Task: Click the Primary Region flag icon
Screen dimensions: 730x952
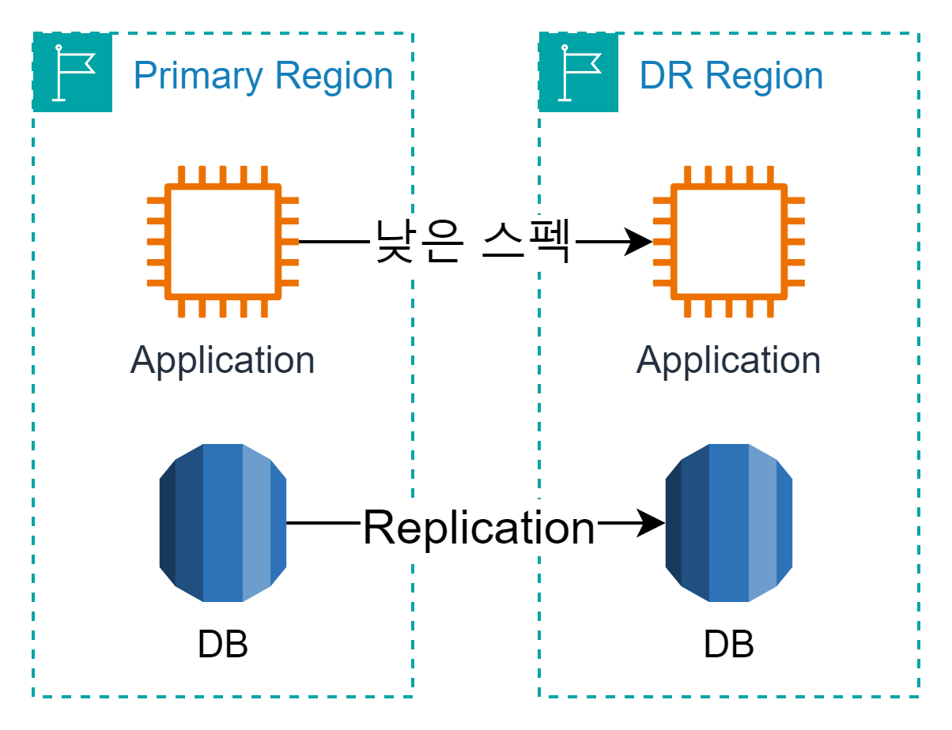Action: pyautogui.click(x=73, y=73)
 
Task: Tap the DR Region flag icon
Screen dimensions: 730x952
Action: pyautogui.click(x=578, y=73)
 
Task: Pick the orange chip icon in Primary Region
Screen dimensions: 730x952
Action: pyautogui.click(x=222, y=242)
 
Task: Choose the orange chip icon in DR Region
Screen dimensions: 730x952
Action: pyautogui.click(x=728, y=242)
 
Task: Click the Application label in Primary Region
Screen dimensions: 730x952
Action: pyautogui.click(x=222, y=361)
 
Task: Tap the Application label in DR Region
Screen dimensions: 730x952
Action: pyautogui.click(x=728, y=361)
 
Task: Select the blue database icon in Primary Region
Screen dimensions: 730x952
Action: pyautogui.click(x=222, y=523)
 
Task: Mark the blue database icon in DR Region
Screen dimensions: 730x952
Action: pyautogui.click(x=728, y=523)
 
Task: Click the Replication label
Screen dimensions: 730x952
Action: pyautogui.click(x=479, y=528)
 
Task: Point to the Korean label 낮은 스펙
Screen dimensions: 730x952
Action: pyautogui.click(x=472, y=243)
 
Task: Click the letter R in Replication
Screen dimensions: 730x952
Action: pyautogui.click(x=379, y=528)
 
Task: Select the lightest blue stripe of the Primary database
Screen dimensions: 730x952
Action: pyautogui.click(x=256, y=523)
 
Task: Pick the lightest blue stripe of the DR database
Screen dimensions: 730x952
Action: pyautogui.click(x=762, y=523)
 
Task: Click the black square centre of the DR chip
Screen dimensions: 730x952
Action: pyautogui.click(x=728, y=242)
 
